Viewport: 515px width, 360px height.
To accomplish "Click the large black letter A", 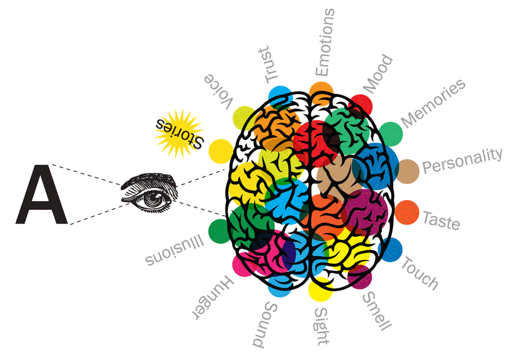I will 41,194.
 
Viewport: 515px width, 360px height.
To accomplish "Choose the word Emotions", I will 324,42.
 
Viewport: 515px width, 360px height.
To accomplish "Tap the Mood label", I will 378,73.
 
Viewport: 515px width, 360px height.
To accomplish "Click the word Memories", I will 433,103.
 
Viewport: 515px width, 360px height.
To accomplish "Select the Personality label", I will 462,162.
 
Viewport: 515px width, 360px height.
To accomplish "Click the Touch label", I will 419,273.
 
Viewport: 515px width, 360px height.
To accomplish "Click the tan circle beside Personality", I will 407,170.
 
